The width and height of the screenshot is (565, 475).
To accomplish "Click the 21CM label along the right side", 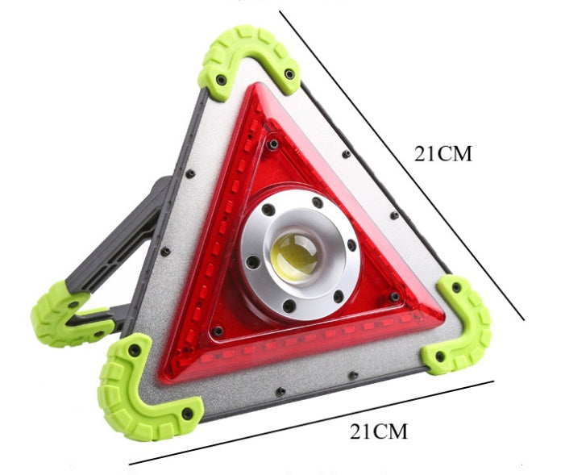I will [x=442, y=154].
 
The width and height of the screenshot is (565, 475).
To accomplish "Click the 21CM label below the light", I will [x=378, y=431].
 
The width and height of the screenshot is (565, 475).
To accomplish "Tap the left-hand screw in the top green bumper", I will [x=220, y=78].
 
